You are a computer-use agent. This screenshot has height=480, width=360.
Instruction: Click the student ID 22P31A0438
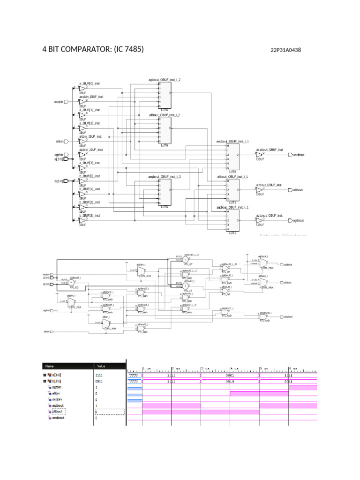(x=285, y=50)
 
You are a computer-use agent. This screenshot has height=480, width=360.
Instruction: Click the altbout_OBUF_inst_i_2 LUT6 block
(x=165, y=130)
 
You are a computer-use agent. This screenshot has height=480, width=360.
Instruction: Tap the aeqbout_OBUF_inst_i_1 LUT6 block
(x=232, y=157)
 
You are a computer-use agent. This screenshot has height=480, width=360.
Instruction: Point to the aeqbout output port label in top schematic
(x=298, y=154)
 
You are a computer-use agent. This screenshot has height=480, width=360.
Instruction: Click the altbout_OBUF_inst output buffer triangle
(x=259, y=190)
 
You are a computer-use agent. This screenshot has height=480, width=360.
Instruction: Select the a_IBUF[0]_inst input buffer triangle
(x=82, y=88)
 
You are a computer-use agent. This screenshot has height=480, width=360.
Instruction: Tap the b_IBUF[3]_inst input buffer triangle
(x=82, y=220)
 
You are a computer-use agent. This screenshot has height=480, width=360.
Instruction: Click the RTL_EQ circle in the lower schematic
(x=71, y=283)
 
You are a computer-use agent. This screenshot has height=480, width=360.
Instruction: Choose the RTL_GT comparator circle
(x=186, y=259)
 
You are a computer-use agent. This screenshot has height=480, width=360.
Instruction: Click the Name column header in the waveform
(x=49, y=366)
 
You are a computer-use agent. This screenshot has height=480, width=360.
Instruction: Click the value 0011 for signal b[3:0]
(x=99, y=381)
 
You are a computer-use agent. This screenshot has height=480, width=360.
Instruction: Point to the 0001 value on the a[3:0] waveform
(x=230, y=375)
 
